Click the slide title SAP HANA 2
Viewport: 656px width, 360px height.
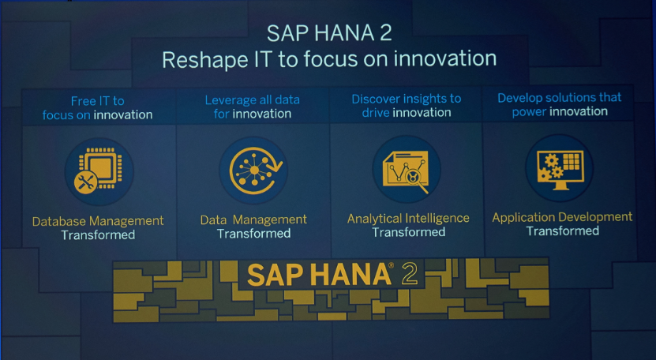pos(329,33)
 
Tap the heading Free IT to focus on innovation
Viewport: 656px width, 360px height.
pos(97,108)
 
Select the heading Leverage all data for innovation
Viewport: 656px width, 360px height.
pos(253,107)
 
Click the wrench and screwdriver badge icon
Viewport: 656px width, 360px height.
pos(85,182)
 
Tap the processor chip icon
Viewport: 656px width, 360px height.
pos(100,168)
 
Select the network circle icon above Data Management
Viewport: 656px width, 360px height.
pos(256,171)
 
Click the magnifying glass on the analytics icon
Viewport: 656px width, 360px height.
pos(415,179)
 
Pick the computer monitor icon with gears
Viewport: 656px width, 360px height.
pos(560,170)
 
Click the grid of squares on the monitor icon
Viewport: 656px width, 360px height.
pos(571,161)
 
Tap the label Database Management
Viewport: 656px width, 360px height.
pos(98,221)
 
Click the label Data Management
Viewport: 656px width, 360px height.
pos(253,219)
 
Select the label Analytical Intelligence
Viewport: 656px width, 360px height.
pos(408,219)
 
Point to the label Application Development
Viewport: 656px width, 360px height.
pos(562,217)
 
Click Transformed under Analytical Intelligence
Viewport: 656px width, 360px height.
pos(408,232)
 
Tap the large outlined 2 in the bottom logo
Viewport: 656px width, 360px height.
pos(409,274)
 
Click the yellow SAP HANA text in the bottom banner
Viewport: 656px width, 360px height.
pos(319,275)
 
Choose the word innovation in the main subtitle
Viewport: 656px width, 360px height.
pos(444,58)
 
